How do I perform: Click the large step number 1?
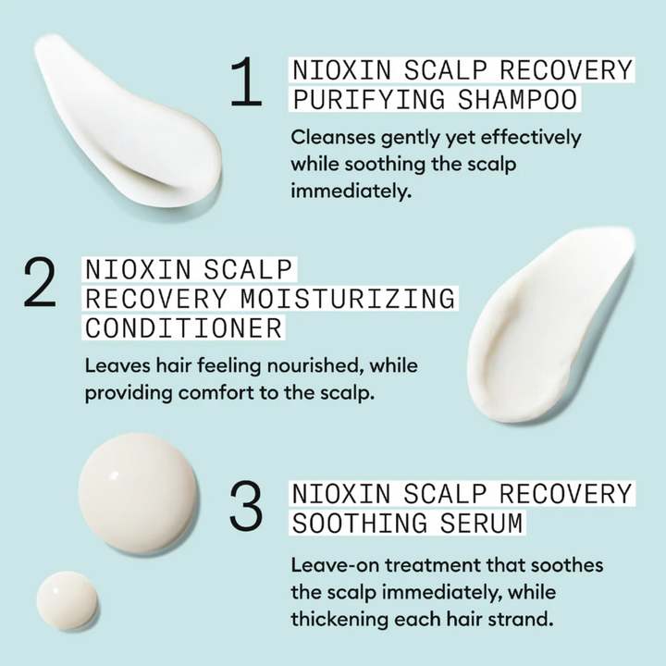(x=246, y=81)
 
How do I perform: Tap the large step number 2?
(x=40, y=281)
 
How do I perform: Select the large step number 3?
(x=246, y=505)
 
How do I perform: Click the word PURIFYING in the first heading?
(x=369, y=99)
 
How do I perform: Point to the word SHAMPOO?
(x=517, y=99)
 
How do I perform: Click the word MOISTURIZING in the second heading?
(x=348, y=298)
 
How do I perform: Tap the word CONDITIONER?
(x=183, y=327)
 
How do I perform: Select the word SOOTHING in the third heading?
(x=360, y=523)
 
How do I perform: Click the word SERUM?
(x=481, y=523)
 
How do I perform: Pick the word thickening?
(x=339, y=620)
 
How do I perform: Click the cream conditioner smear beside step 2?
(x=548, y=327)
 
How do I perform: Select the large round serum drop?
(x=137, y=493)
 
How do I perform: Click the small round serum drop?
(x=68, y=600)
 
